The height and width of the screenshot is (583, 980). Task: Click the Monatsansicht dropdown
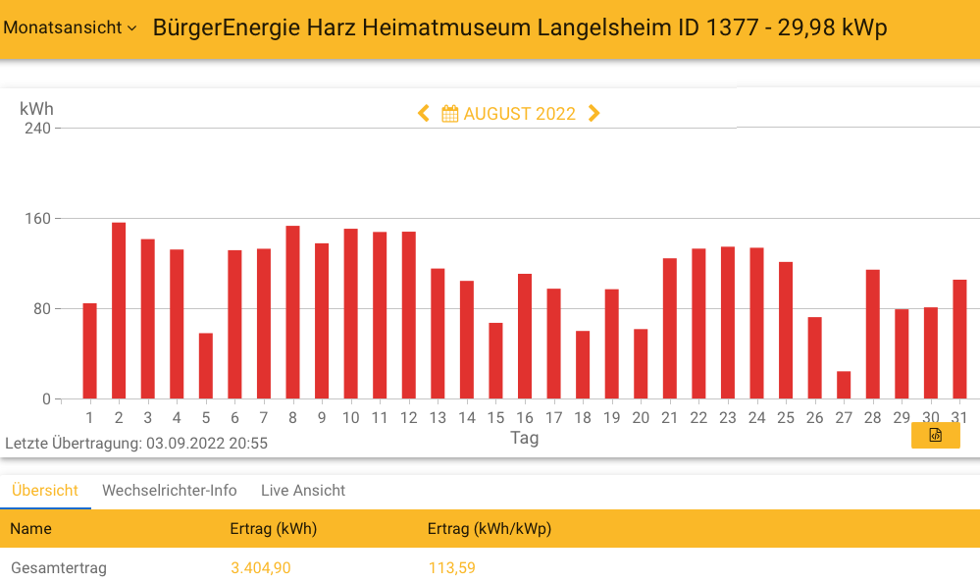tap(70, 27)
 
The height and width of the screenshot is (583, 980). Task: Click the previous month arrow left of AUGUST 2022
tap(424, 114)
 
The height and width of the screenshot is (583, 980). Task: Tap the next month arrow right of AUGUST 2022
tap(593, 114)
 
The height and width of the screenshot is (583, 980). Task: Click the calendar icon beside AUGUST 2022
tap(450, 114)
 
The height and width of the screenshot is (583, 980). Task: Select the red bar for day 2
tap(119, 310)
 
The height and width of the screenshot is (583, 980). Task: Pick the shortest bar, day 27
tap(844, 385)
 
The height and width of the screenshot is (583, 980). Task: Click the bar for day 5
tap(206, 366)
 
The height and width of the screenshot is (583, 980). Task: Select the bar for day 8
tap(292, 312)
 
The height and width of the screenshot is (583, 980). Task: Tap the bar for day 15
tap(495, 360)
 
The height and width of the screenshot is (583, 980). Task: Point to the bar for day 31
tap(959, 340)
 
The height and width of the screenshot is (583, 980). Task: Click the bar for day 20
tap(641, 363)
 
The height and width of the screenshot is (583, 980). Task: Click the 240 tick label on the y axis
tap(37, 129)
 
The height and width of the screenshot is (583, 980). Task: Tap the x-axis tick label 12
tap(409, 418)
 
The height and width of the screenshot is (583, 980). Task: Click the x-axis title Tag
tap(524, 438)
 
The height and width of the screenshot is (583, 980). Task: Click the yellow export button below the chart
tap(935, 435)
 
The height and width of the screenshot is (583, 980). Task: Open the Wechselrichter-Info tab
tap(170, 491)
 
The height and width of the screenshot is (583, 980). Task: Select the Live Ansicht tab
tap(303, 491)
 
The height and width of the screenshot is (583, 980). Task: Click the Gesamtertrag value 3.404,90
tap(261, 567)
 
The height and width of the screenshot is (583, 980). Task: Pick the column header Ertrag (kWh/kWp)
tap(490, 529)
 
